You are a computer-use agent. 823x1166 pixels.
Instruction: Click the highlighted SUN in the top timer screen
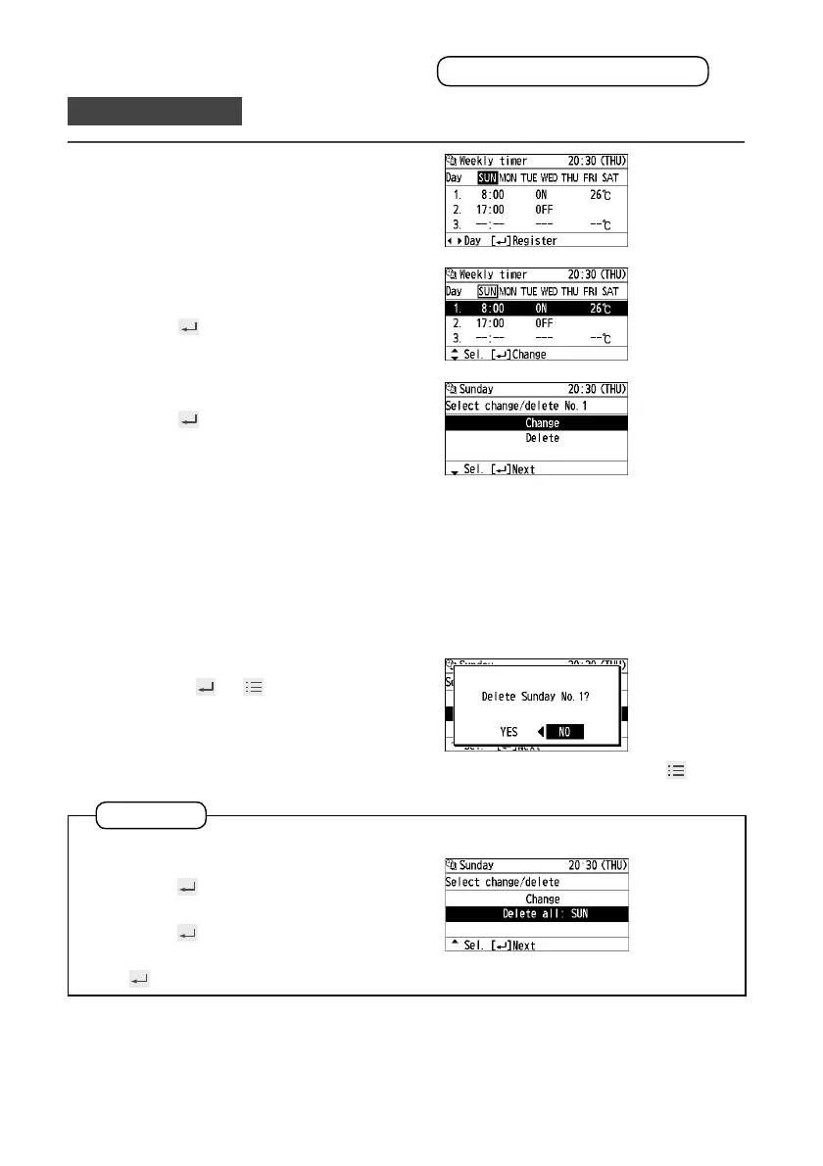(x=488, y=177)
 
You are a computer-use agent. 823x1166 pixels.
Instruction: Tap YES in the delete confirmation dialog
(x=508, y=732)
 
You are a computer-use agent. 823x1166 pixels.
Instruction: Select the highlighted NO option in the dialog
(x=564, y=732)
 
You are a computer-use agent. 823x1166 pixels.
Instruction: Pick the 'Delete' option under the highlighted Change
(x=542, y=438)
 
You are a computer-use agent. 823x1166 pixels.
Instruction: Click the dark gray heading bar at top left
(x=154, y=111)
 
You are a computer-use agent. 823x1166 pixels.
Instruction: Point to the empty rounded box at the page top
(x=572, y=71)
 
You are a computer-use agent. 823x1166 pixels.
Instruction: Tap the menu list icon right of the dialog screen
(x=674, y=771)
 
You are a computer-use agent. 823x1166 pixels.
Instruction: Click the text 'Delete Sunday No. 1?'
(x=535, y=698)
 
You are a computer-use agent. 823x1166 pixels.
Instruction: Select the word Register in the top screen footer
(x=536, y=240)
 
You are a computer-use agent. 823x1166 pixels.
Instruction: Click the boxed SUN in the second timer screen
(x=488, y=291)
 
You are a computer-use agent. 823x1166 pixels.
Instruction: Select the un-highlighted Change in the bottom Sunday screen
(x=542, y=899)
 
